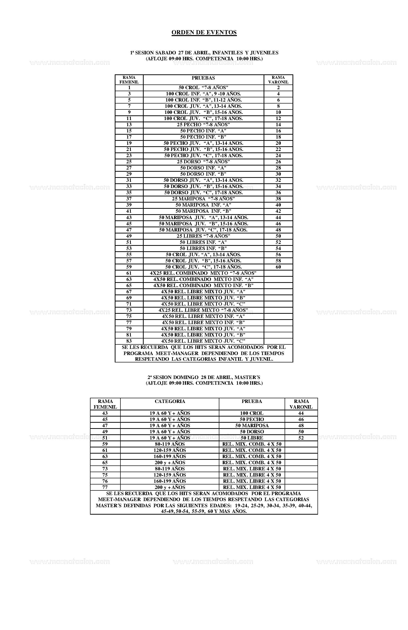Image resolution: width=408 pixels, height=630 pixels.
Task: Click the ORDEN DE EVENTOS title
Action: [204, 33]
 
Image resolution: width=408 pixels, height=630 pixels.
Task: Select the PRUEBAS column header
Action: [203, 78]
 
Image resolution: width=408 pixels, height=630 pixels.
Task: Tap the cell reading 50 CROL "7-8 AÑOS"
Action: [203, 88]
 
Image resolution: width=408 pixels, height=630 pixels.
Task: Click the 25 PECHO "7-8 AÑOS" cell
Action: [203, 125]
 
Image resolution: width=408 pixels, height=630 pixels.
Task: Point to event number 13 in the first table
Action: [129, 125]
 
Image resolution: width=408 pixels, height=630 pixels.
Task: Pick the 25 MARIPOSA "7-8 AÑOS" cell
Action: [203, 199]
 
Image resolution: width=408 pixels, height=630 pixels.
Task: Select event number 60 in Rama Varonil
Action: [278, 267]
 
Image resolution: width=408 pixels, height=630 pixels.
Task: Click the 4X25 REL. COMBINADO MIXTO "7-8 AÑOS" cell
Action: [203, 273]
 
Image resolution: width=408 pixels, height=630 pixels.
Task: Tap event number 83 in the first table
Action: [129, 341]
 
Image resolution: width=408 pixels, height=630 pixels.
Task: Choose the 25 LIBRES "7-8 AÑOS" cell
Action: [203, 236]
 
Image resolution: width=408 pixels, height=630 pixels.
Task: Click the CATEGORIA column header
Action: [170, 401]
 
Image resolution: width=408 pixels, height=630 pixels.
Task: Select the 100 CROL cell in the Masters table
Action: [252, 413]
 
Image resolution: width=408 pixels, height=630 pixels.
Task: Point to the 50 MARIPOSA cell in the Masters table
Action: [252, 425]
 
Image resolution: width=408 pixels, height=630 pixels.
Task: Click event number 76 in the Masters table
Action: [105, 481]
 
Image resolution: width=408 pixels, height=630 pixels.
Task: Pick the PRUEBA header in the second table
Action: [252, 401]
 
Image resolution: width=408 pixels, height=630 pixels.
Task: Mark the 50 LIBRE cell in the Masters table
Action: [252, 438]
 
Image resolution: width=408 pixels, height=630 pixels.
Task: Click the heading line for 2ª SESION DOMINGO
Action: [204, 377]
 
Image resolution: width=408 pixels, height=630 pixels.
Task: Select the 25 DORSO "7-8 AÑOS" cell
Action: [203, 162]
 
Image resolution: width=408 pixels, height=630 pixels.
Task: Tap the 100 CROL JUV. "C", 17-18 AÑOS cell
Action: [203, 119]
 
